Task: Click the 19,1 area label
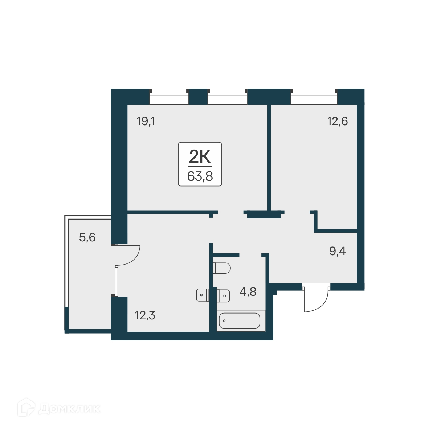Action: point(146,121)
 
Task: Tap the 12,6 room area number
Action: point(338,121)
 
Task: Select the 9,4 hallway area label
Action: point(338,251)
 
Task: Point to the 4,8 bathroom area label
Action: point(248,291)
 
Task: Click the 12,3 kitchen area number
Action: point(145,315)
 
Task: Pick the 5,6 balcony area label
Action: point(87,238)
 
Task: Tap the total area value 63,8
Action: point(200,176)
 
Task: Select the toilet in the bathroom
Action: point(222,268)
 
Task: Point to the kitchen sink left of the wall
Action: point(202,295)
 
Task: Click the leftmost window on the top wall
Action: point(169,97)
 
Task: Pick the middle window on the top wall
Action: point(227,97)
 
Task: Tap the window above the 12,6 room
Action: point(314,97)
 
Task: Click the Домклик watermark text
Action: point(69,409)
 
